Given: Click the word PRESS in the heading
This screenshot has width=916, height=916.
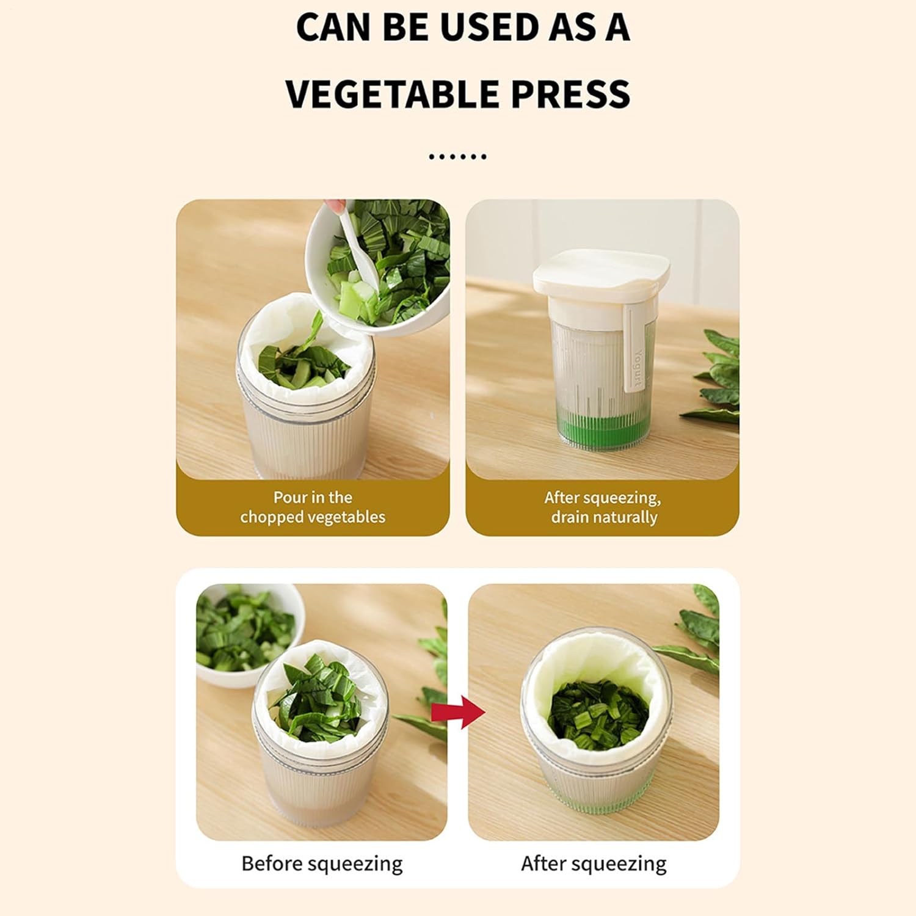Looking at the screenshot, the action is pos(570,94).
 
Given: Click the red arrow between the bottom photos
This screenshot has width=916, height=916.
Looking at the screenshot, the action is pos(458,711).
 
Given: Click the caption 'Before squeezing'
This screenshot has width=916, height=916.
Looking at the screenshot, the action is pos(322,863).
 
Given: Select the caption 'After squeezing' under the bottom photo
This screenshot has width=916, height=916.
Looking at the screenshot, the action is pos(594,863).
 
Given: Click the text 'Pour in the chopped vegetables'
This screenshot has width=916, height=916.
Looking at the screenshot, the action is pos(313,507).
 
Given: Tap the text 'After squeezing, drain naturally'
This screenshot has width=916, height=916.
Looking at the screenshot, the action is pos(603,507).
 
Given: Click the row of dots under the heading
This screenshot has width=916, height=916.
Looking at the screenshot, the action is pos(458,157).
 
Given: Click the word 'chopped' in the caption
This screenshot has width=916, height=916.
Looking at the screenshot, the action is pos(272,517).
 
